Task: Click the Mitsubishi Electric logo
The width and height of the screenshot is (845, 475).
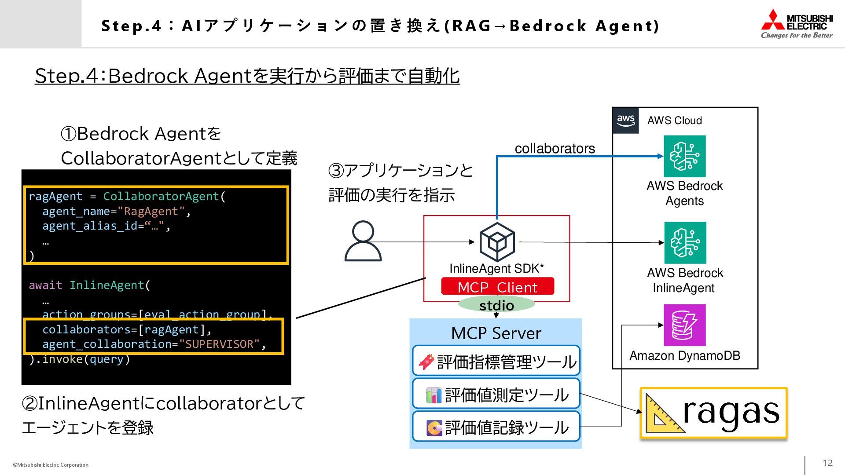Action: (x=797, y=24)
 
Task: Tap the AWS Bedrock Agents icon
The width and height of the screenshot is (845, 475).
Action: (x=684, y=156)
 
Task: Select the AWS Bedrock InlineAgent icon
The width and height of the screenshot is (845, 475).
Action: (x=685, y=243)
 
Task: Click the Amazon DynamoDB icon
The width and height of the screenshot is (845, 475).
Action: (x=684, y=325)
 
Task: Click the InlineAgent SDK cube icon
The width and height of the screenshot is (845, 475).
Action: (x=497, y=241)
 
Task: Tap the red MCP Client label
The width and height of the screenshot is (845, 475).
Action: (x=497, y=287)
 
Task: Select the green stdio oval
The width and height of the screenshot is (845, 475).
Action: (x=496, y=304)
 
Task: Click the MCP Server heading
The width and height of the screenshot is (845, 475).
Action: (x=496, y=333)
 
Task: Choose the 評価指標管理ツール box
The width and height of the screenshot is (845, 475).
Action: (x=496, y=362)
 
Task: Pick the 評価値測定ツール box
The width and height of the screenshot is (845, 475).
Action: (x=496, y=395)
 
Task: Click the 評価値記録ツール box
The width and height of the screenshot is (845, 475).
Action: (x=496, y=427)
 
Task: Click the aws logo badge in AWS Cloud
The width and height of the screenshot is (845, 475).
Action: (x=625, y=120)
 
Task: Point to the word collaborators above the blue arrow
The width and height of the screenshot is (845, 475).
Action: (x=555, y=149)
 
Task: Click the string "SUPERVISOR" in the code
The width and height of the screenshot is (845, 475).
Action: (x=220, y=344)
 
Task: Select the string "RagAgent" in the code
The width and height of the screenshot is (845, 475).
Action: (x=151, y=212)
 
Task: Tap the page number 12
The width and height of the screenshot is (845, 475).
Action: (x=827, y=463)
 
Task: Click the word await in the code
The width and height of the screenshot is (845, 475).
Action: (x=45, y=285)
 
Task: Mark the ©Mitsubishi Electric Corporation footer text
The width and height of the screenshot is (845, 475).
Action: (x=51, y=465)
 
